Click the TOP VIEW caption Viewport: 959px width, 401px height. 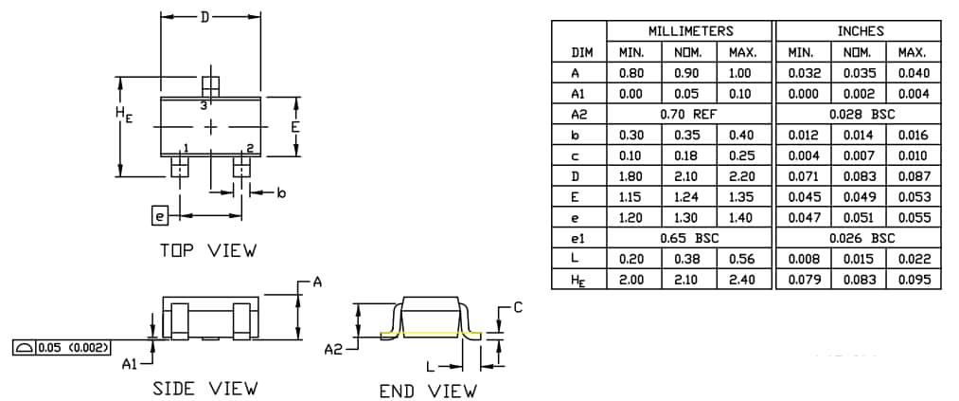[x=206, y=251]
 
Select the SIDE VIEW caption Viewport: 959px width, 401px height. [x=204, y=389]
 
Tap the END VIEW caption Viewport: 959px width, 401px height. [x=428, y=391]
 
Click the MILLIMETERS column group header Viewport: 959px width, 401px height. [x=690, y=31]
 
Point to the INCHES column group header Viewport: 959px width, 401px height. [x=860, y=31]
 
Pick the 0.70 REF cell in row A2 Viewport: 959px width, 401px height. [x=690, y=114]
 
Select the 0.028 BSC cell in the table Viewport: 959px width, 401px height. [x=860, y=114]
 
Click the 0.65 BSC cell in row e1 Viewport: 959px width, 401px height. [x=690, y=238]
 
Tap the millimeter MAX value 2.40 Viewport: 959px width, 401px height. [x=744, y=279]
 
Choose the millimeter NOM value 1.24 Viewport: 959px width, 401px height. [x=688, y=196]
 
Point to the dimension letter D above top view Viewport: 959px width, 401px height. [x=204, y=17]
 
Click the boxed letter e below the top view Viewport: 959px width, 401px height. [x=159, y=216]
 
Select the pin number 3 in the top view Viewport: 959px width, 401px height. [x=203, y=105]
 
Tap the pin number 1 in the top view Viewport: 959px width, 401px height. [x=186, y=147]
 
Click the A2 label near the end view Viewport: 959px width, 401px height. [x=333, y=350]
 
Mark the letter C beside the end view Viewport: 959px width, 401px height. [x=517, y=307]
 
